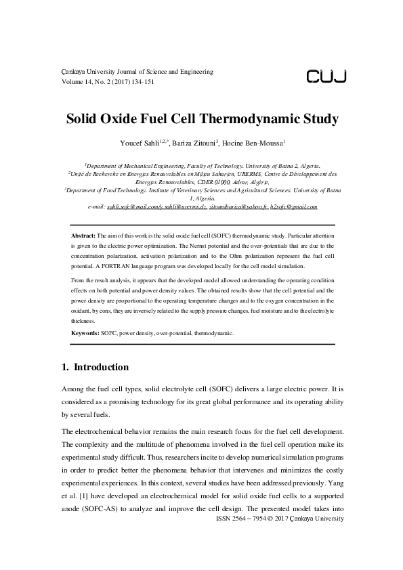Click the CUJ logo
coord(326,76)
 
